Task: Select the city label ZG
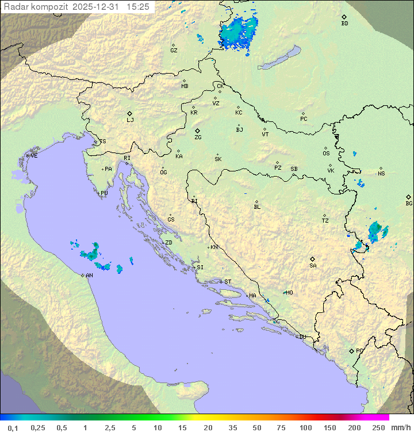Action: click(198, 137)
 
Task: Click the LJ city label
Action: click(130, 120)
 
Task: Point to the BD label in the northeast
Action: click(344, 24)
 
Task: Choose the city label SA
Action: click(313, 266)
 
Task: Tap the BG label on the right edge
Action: click(409, 203)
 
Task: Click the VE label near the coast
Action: click(34, 156)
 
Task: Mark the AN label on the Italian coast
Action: click(89, 276)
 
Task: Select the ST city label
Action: click(228, 282)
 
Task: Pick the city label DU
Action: click(302, 337)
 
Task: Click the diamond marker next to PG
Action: click(351, 350)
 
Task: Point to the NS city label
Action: click(381, 174)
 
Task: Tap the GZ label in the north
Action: click(174, 51)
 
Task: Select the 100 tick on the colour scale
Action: click(305, 427)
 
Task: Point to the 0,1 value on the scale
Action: click(13, 427)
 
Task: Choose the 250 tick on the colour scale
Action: click(378, 427)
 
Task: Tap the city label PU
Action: click(104, 193)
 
